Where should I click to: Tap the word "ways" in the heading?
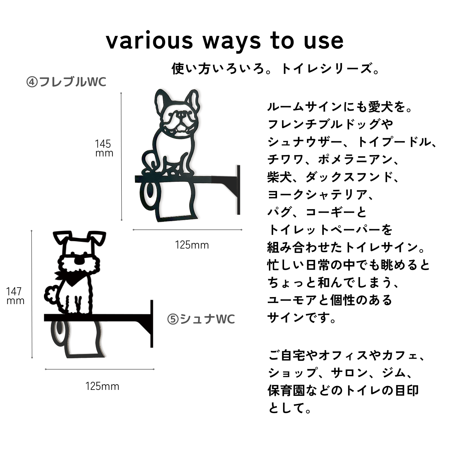(x=232, y=43)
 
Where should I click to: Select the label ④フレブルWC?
(x=66, y=82)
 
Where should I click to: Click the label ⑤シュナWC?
(x=201, y=319)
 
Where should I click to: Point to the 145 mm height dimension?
(x=104, y=148)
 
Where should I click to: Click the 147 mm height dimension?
(x=15, y=296)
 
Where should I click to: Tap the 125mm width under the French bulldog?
(x=192, y=245)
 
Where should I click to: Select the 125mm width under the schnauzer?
(x=102, y=386)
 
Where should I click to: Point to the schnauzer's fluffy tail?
(x=51, y=295)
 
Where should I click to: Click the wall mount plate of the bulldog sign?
(x=238, y=189)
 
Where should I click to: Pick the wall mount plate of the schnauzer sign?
(x=152, y=324)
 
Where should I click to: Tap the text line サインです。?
(x=302, y=317)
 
